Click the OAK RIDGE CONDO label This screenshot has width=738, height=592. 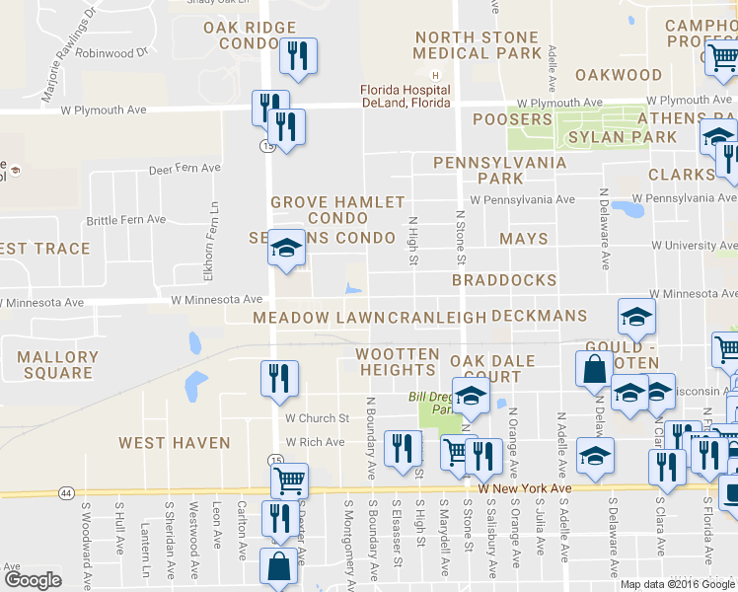coord(250,36)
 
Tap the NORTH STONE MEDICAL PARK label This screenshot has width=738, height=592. coord(478,45)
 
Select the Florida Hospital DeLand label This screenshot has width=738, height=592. coord(405,97)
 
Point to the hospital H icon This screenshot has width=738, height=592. coord(433,75)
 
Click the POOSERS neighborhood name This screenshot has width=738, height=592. coord(512,119)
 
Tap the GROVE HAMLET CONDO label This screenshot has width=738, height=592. coord(337,209)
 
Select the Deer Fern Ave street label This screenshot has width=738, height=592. coord(184,169)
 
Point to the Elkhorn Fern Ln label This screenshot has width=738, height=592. coord(213,230)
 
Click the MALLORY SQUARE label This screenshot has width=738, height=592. coord(58,365)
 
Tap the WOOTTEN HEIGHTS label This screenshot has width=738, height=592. coord(398,361)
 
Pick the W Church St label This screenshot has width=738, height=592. coord(318,418)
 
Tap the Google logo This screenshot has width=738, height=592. coord(33,579)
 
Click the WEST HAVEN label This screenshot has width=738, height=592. coord(174,443)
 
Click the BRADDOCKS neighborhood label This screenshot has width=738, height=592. coord(504,280)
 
